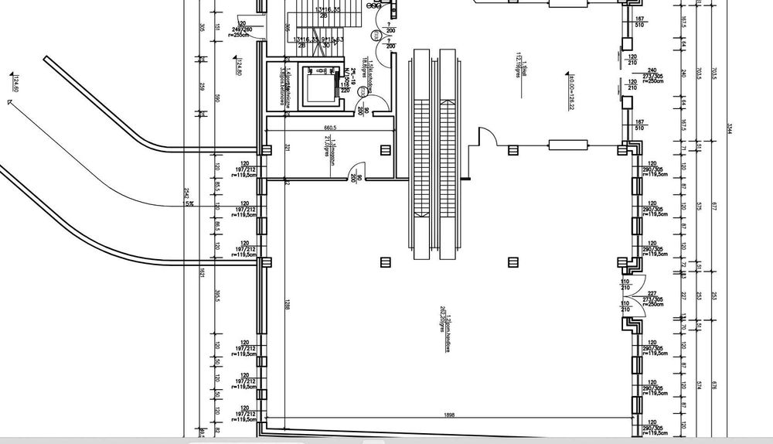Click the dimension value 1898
pyautogui.click(x=450, y=416)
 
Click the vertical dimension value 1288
pyautogui.click(x=286, y=305)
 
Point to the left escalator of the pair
pyautogui.click(x=422, y=155)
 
